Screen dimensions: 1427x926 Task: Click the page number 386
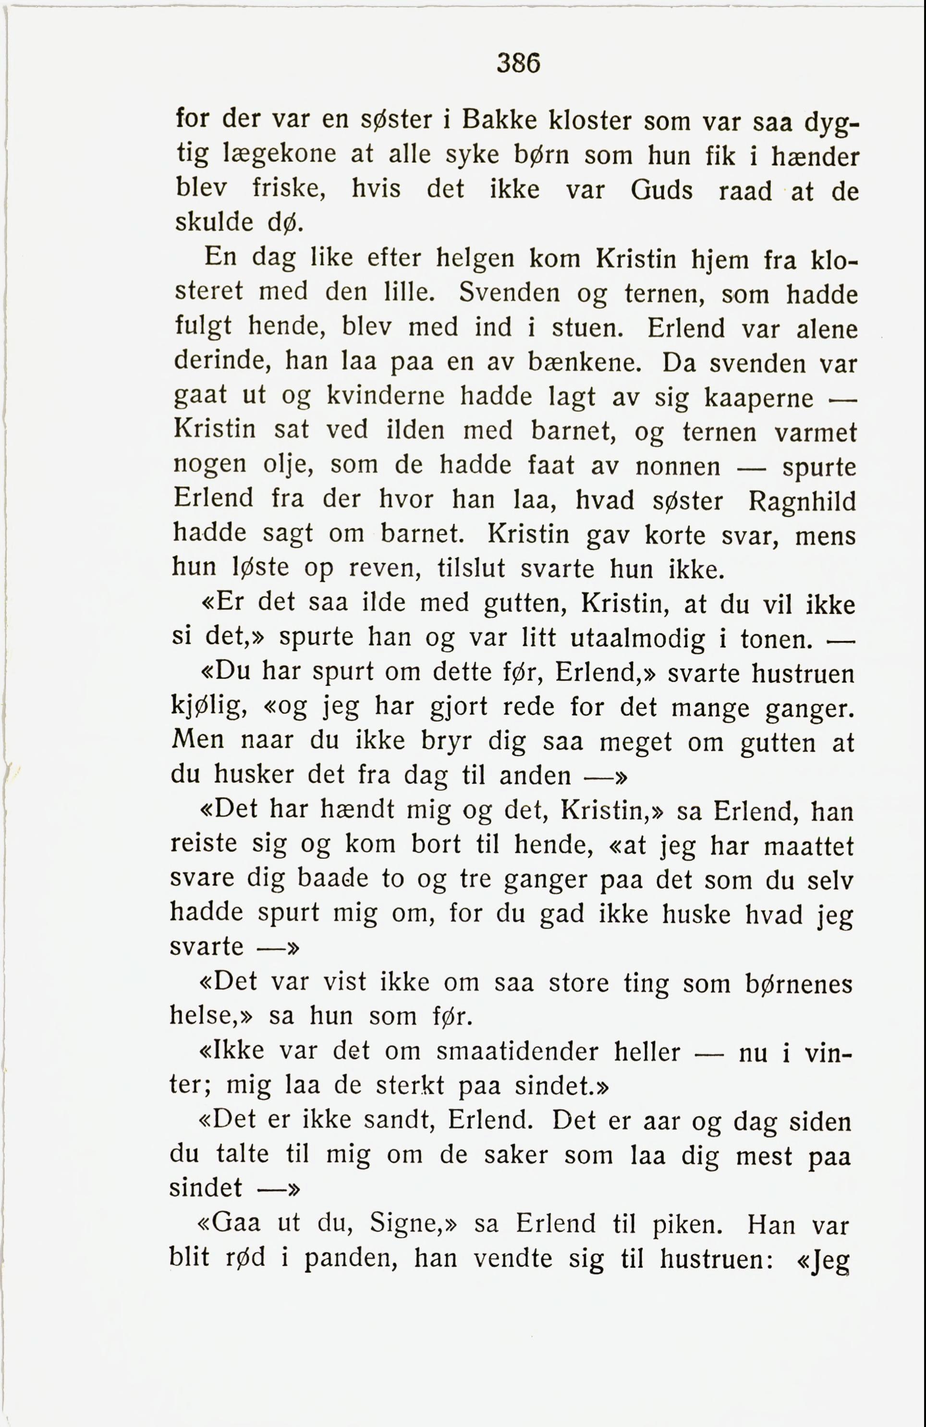[x=519, y=62]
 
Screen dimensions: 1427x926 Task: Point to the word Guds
[x=661, y=191]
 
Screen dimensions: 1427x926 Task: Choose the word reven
[x=386, y=568]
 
